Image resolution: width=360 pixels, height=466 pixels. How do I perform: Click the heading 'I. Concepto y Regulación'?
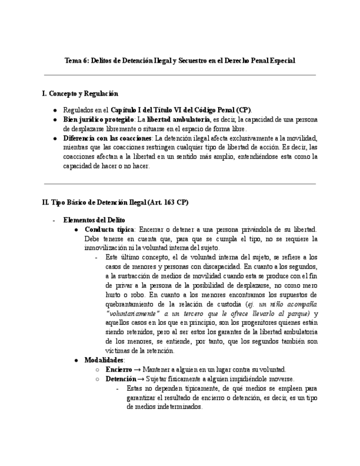coord(80,94)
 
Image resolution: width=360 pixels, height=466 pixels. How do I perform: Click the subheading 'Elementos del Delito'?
coord(94,219)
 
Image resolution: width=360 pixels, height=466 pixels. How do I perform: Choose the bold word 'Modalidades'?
coord(104,360)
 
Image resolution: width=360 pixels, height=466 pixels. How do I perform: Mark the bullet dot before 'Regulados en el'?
coord(55,110)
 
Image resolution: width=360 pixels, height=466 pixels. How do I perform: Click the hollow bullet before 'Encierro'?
coord(97,370)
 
